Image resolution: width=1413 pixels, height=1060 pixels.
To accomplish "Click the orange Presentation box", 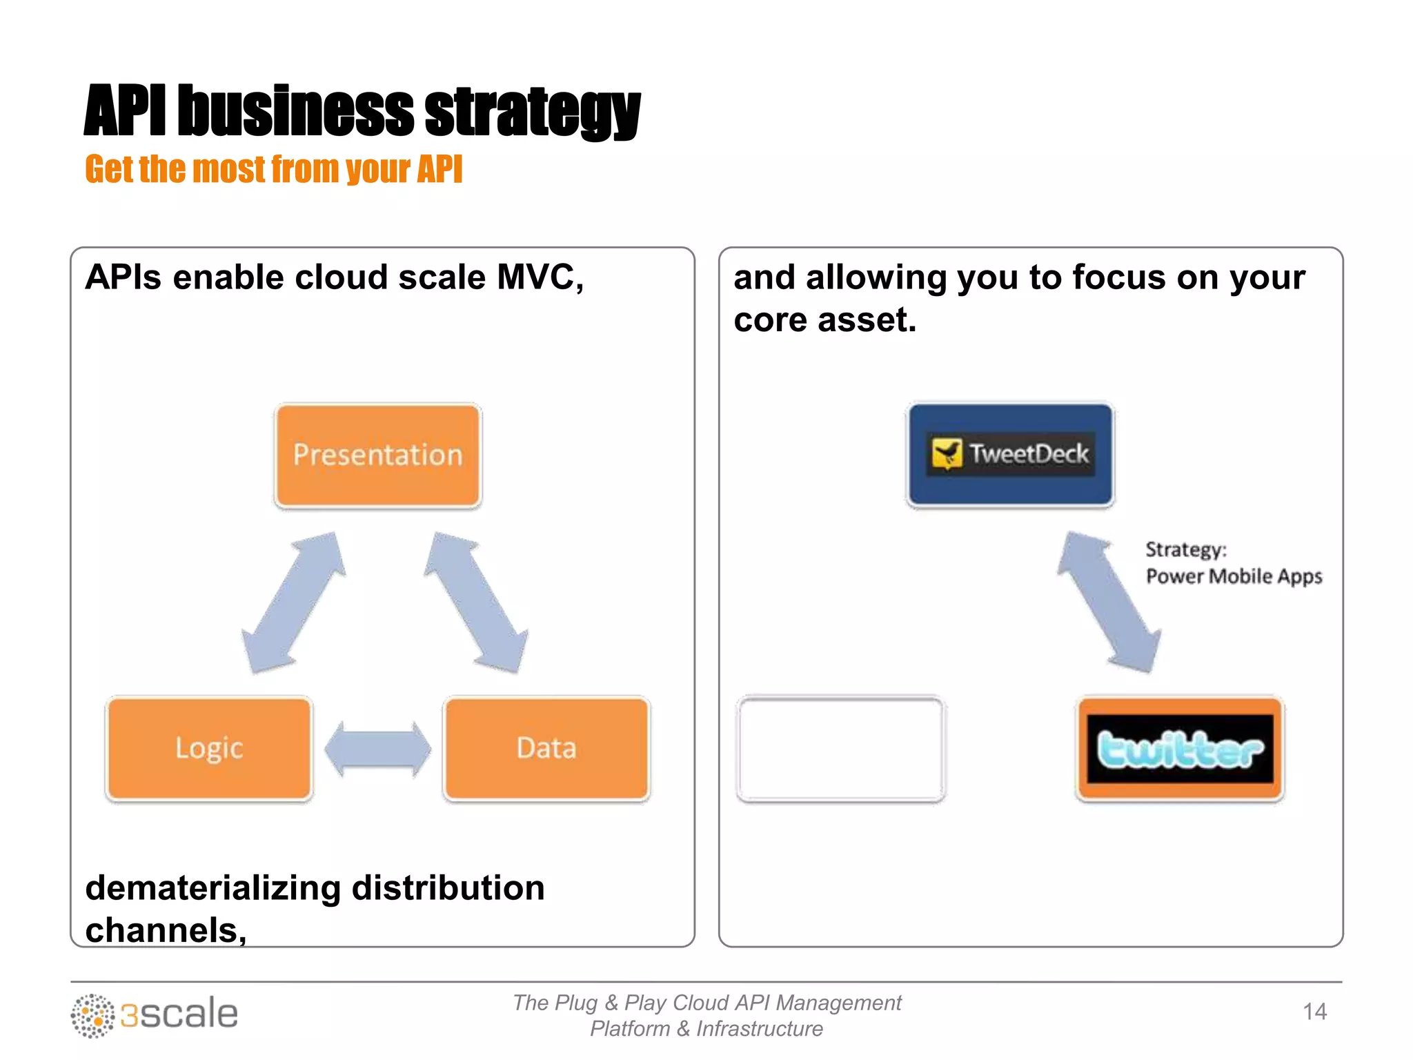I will [377, 455].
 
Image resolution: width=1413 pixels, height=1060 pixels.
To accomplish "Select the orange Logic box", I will [209, 749].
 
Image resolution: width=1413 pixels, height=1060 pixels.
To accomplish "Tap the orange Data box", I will [546, 749].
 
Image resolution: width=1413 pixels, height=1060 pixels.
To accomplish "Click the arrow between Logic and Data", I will [377, 749].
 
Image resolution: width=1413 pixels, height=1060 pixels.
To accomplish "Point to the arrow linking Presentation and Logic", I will [294, 602].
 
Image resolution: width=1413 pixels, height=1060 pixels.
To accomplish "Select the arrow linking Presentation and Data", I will [476, 602].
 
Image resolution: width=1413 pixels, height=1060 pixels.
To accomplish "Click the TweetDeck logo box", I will [1010, 455].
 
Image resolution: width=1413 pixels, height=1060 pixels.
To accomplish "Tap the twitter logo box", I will [1180, 749].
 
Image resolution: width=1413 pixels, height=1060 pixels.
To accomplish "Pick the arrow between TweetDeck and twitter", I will [1109, 602].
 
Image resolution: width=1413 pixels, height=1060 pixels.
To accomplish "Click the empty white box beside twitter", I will [840, 749].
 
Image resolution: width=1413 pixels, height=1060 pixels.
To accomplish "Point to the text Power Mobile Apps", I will [1234, 576].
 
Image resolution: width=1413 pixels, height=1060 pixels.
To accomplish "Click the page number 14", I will [1314, 1012].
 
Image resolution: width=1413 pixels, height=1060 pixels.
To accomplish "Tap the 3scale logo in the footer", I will [155, 1014].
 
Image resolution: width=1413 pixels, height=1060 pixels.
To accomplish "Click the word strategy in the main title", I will [532, 112].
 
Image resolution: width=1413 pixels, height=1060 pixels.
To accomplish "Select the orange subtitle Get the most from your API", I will [273, 170].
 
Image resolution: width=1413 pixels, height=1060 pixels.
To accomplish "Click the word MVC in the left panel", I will [540, 277].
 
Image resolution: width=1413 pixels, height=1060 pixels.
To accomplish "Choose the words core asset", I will [824, 320].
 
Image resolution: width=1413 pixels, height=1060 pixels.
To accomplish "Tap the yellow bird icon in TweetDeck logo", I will [947, 453].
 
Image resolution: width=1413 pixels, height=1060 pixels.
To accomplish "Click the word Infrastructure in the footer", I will [759, 1029].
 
